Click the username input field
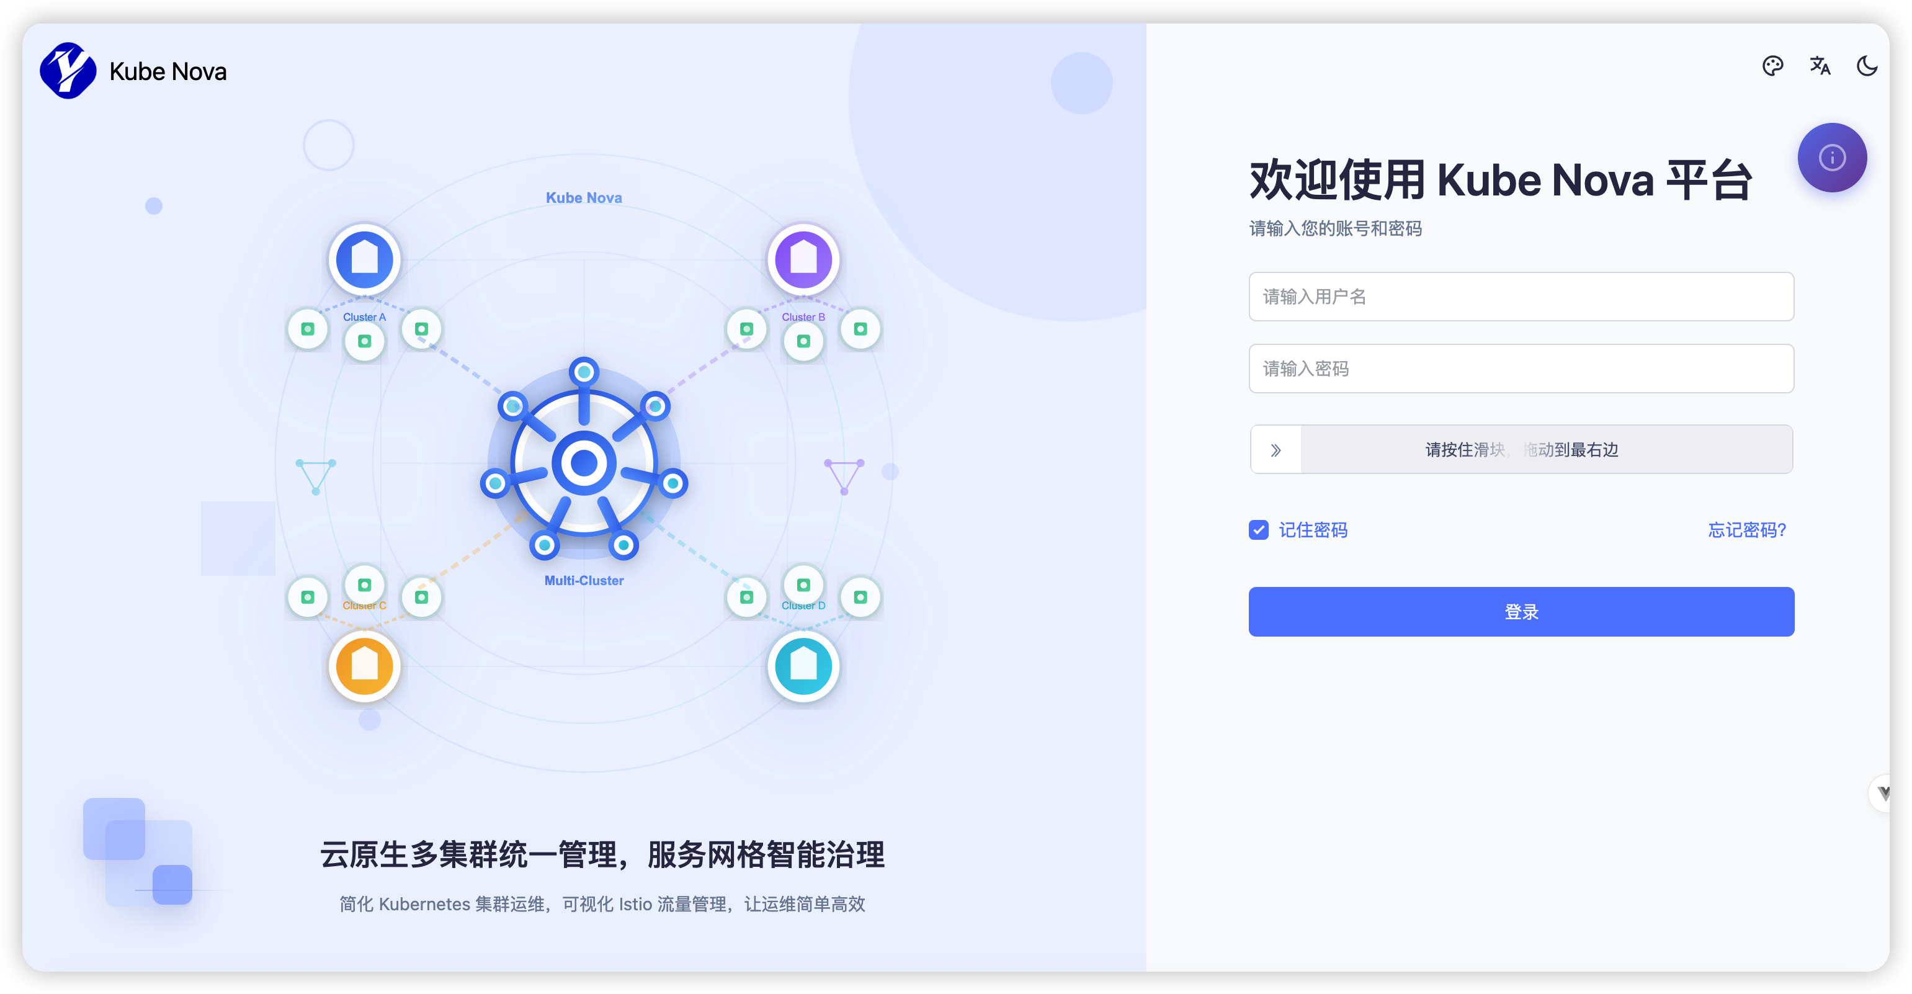click(x=1521, y=297)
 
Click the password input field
click(x=1521, y=369)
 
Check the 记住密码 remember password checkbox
click(x=1258, y=530)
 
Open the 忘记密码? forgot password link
click(x=1746, y=530)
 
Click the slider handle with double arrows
click(x=1275, y=450)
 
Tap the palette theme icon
click(x=1772, y=66)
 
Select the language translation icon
click(x=1820, y=66)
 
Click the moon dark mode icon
click(x=1867, y=66)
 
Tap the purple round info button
click(x=1832, y=158)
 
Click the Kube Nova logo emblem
click(x=68, y=71)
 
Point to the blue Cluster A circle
click(x=364, y=259)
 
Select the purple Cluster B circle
click(x=803, y=259)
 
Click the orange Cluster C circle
click(x=364, y=665)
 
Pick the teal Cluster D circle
click(x=803, y=665)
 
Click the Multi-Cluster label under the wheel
click(x=584, y=581)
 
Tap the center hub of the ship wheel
click(x=584, y=463)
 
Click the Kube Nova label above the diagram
click(x=584, y=198)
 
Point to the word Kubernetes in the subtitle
click(x=424, y=904)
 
